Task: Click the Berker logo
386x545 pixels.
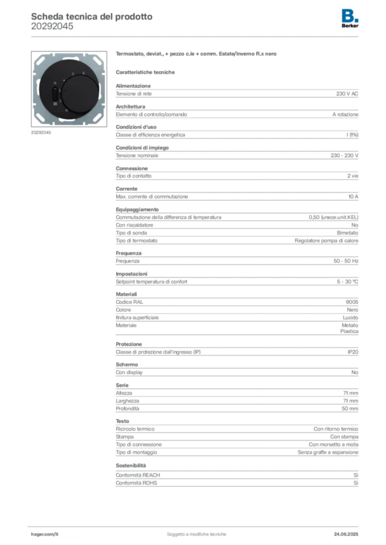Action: [x=350, y=19]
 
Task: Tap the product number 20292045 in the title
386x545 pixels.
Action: [x=52, y=27]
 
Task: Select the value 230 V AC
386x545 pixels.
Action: [x=347, y=94]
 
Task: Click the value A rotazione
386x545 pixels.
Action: [x=345, y=114]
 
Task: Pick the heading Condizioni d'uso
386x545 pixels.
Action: [x=136, y=127]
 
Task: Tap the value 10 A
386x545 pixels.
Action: [x=353, y=197]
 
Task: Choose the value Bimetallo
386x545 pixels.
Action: [x=348, y=233]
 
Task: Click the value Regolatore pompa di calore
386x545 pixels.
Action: [x=326, y=241]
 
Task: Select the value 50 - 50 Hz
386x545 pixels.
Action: [x=346, y=261]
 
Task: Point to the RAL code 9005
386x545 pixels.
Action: [x=352, y=302]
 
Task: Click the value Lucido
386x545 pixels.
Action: [x=350, y=318]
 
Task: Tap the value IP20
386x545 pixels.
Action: [x=353, y=352]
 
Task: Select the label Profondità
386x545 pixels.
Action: [x=127, y=409]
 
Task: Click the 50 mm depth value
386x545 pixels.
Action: [x=350, y=409]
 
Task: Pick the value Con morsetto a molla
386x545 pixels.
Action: [x=333, y=444]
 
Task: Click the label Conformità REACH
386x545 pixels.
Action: [x=138, y=475]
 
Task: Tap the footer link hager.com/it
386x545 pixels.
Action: [x=45, y=534]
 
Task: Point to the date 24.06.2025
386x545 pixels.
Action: [x=346, y=534]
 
